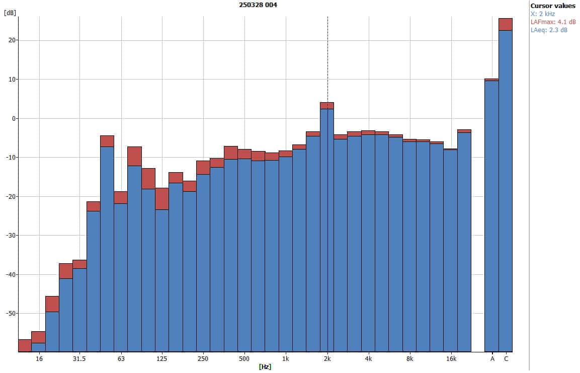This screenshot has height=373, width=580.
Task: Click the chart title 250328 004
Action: (x=258, y=5)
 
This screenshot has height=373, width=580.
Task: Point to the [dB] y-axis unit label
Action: (x=9, y=13)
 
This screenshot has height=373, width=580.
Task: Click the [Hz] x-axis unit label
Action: (x=265, y=367)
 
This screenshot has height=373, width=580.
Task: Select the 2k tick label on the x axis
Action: (x=327, y=359)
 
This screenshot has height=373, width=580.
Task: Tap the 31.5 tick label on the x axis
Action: (x=79, y=359)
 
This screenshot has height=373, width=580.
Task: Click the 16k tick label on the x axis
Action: (x=451, y=359)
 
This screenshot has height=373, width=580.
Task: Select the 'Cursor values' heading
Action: (x=553, y=6)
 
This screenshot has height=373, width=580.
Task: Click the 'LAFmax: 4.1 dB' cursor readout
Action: (x=553, y=22)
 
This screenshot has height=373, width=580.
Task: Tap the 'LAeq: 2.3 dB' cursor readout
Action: (x=549, y=30)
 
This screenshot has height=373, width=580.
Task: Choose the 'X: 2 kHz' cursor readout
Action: (x=543, y=14)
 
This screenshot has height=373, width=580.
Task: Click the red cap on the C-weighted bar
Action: (x=505, y=24)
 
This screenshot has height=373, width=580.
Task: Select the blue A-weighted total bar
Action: (x=491, y=216)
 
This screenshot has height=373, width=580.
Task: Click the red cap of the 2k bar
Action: (x=327, y=106)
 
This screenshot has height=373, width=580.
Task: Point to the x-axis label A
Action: (x=492, y=359)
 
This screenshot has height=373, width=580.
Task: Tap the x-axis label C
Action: (x=506, y=359)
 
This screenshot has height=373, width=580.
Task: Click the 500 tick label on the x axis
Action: (x=244, y=359)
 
